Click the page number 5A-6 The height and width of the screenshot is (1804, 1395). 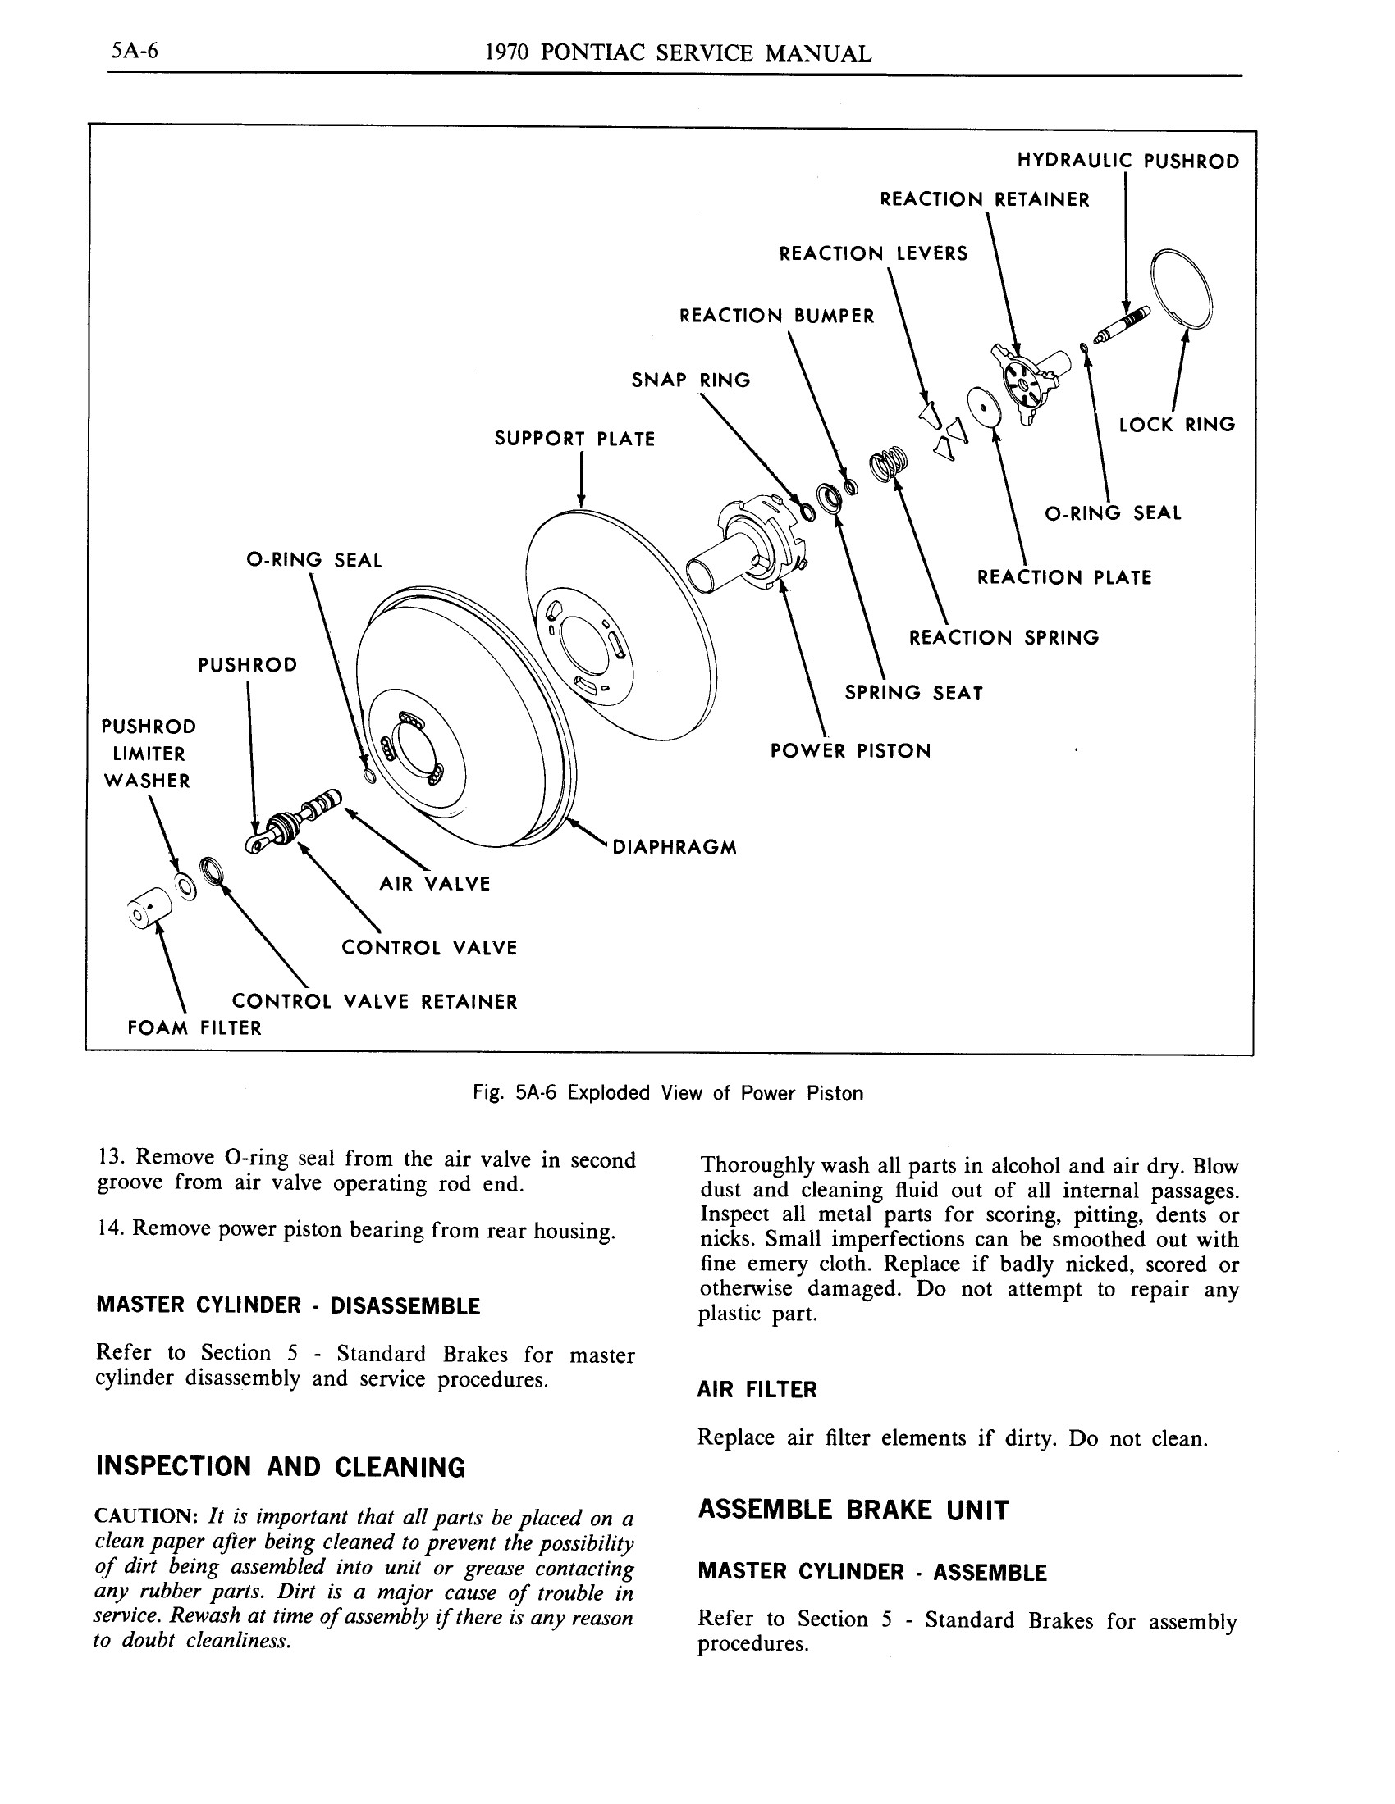tap(135, 52)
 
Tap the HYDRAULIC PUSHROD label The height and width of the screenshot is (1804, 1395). tap(1127, 161)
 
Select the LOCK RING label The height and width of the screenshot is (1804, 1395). tap(1177, 425)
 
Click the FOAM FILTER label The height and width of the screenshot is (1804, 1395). tap(194, 1028)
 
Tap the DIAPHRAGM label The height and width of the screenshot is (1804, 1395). tap(675, 848)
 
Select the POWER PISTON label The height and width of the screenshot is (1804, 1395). tap(850, 751)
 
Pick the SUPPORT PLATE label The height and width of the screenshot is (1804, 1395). tap(574, 439)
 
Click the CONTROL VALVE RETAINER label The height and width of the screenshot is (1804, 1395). tap(374, 1002)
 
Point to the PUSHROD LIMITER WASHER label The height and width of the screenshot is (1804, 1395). tap(149, 754)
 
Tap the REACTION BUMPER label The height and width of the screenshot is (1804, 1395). tap(776, 317)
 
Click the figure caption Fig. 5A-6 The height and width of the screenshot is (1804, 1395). tap(668, 1094)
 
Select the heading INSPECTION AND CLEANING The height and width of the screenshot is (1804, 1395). tap(281, 1467)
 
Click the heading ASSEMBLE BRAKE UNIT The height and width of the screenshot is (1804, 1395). tap(853, 1510)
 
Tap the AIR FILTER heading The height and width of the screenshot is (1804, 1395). tap(757, 1389)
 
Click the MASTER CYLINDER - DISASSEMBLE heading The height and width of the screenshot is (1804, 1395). tap(287, 1306)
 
